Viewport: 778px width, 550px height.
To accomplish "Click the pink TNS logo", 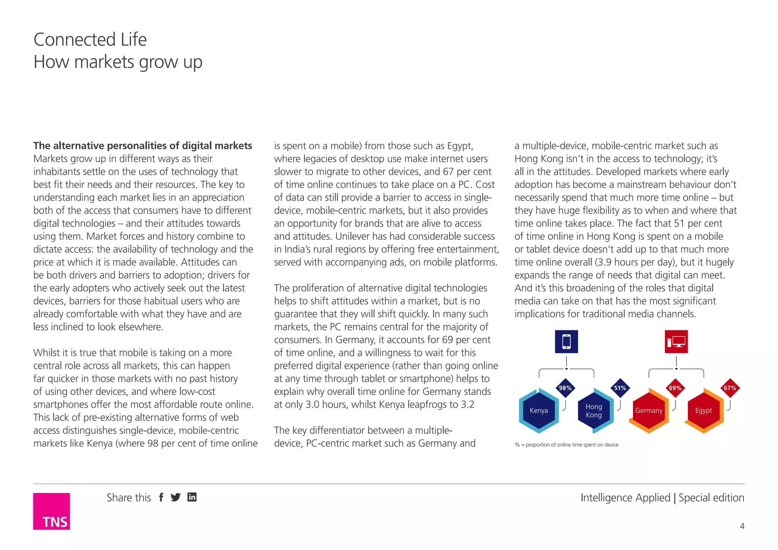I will coord(51,511).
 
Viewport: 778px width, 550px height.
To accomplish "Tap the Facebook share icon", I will coord(161,497).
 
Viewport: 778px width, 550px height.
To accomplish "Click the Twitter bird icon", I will coord(176,497).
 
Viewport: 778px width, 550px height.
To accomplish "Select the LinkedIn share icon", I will coord(192,497).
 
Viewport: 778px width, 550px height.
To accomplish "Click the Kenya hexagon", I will coord(539,411).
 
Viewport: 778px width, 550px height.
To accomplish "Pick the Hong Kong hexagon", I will coord(594,411).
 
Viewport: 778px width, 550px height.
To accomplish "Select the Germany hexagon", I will coord(648,411).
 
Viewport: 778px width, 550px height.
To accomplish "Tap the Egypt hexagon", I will coord(704,411).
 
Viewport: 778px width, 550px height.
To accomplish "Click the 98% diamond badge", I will coord(565,388).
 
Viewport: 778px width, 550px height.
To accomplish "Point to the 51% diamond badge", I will coord(620,388).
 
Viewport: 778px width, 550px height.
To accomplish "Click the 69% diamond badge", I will coord(675,388).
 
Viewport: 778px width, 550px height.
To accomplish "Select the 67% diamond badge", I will coord(730,388).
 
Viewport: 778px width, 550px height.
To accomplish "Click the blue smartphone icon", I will coord(566,341).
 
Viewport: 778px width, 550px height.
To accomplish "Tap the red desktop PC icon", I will coord(676,341).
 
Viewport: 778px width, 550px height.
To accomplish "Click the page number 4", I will coord(742,526).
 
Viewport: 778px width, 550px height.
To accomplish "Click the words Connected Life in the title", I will coord(90,40).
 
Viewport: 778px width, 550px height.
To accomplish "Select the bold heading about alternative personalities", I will coord(142,146).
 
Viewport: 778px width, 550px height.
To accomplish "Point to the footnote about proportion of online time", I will coord(566,445).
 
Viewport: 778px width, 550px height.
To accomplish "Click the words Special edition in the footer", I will coord(711,498).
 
